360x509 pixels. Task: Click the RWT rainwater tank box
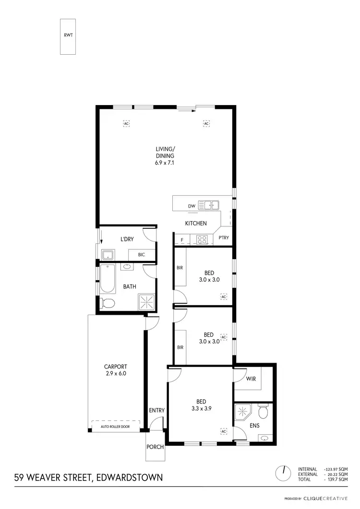coord(67,36)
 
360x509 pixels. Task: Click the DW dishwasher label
coord(191,206)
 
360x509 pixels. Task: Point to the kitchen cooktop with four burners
coord(202,238)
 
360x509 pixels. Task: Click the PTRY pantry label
coord(224,237)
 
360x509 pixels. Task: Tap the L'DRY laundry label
coord(127,238)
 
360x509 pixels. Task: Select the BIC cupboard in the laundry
coord(142,255)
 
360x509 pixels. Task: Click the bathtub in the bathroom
coord(107,281)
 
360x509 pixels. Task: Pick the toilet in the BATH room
coord(107,303)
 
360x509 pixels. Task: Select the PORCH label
coord(156,447)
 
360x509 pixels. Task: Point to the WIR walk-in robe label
coord(251,379)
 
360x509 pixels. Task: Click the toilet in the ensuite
coord(263,412)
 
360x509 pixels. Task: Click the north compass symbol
coord(283,473)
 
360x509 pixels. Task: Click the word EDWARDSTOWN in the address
coord(130,477)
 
